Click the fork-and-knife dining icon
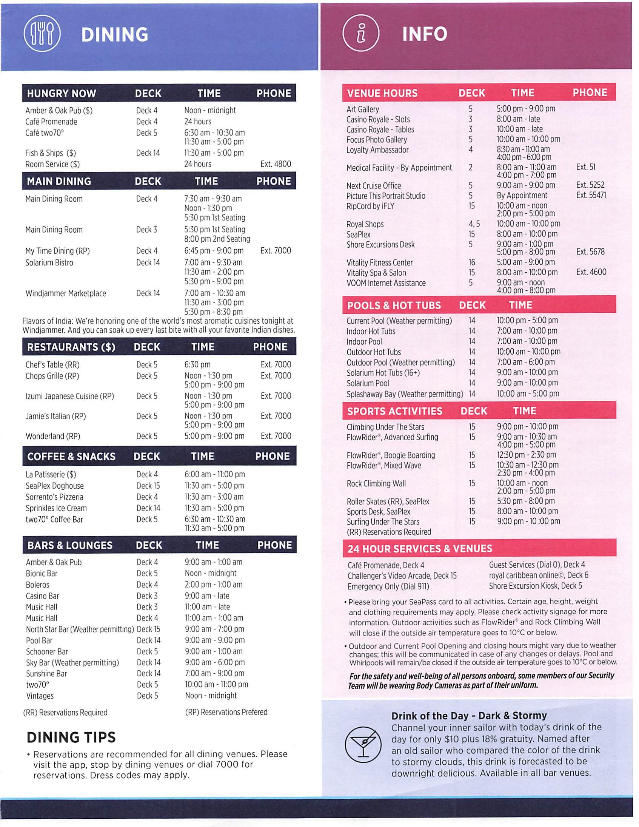click(42, 35)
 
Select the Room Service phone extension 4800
click(276, 164)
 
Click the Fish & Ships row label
click(50, 153)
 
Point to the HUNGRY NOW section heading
click(61, 94)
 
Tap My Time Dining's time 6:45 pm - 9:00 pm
click(214, 251)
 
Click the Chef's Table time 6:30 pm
click(197, 365)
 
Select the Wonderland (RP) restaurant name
click(52, 436)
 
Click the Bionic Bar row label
click(42, 574)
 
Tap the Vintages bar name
click(40, 696)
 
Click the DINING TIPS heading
click(71, 737)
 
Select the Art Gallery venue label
click(362, 110)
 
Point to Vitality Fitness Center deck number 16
click(472, 262)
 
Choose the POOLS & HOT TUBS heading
click(394, 305)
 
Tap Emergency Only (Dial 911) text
click(388, 586)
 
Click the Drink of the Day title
click(469, 716)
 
